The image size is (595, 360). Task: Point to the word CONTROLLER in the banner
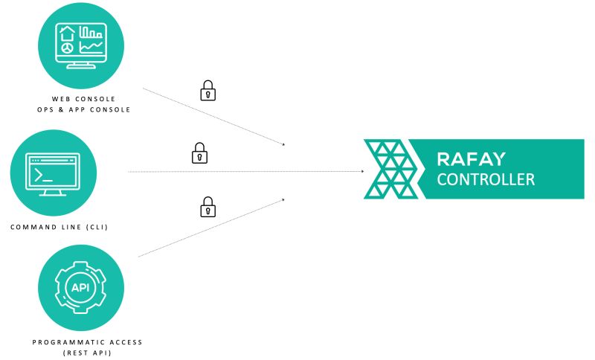485,179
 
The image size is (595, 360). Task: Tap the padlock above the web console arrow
208,91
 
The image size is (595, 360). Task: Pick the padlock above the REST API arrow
208,206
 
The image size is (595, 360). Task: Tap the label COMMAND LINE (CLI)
59,227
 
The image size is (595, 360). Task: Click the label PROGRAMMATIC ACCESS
88,342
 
